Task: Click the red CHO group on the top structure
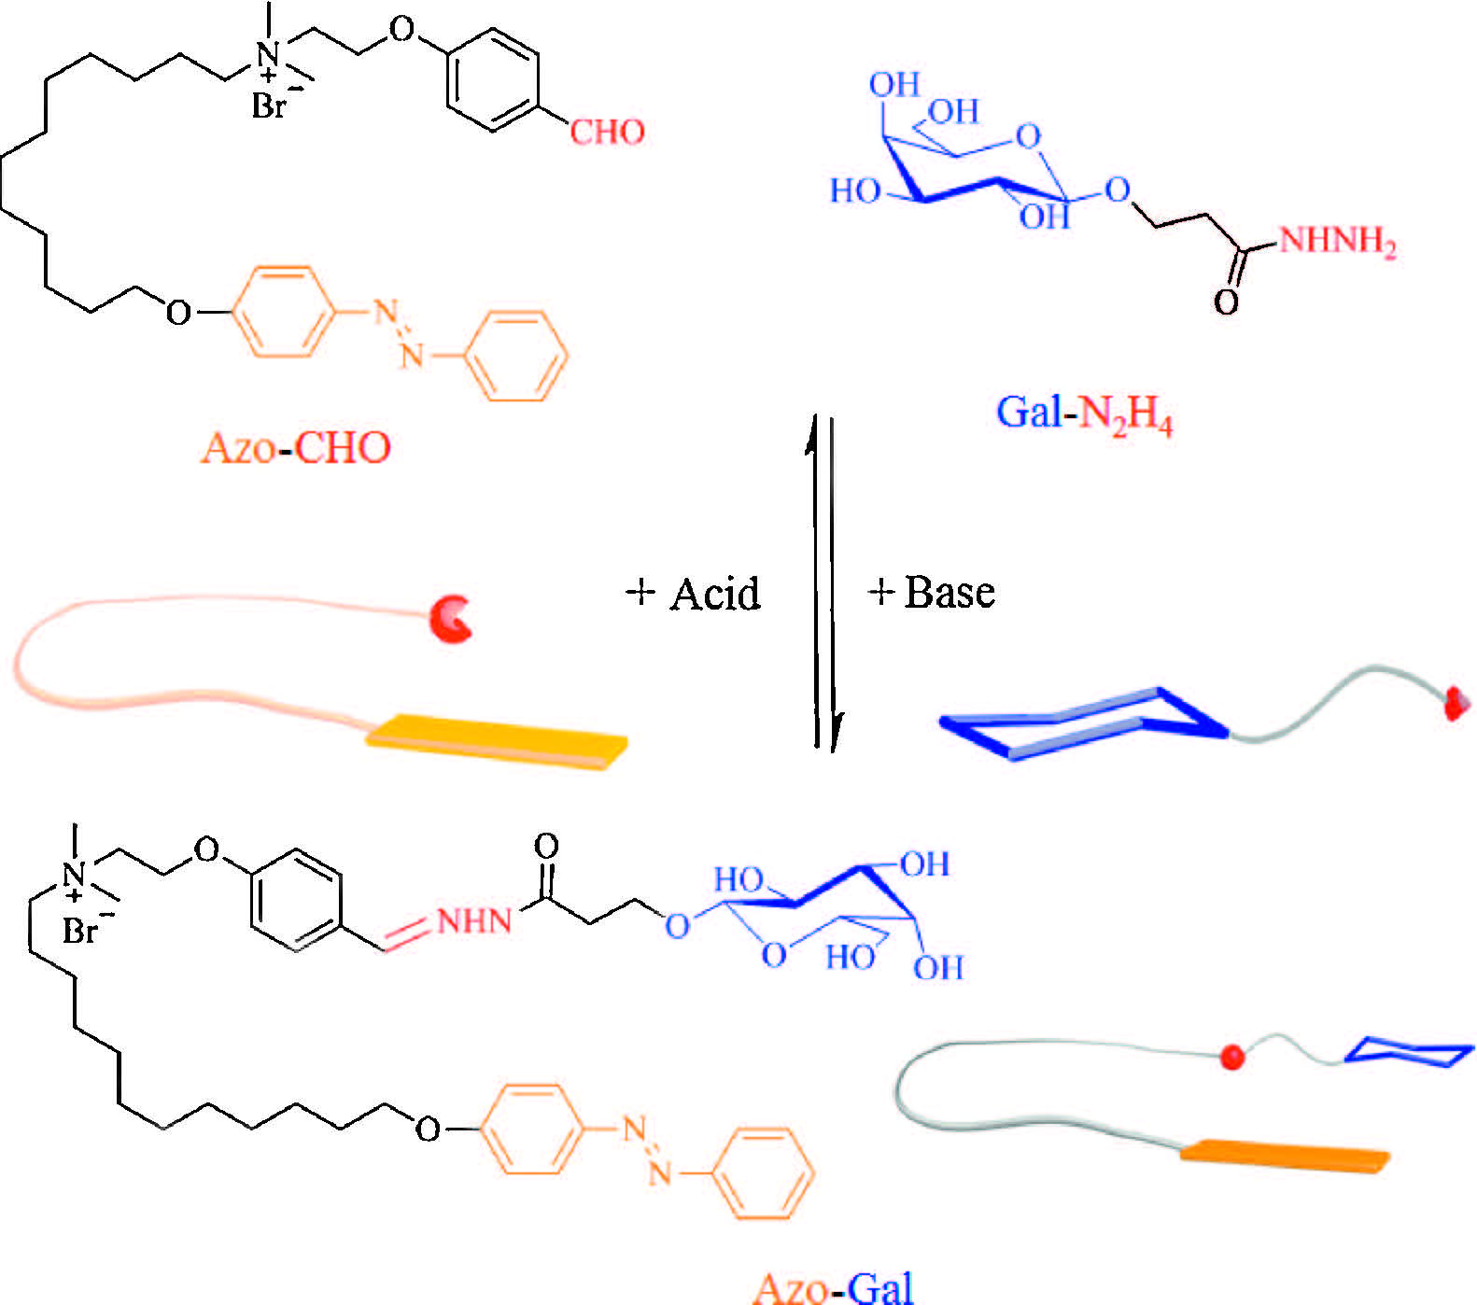(x=607, y=132)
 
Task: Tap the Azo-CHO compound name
(x=296, y=448)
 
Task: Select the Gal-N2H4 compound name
(x=1084, y=413)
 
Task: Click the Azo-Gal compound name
(x=833, y=1287)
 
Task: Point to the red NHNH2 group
(x=1337, y=242)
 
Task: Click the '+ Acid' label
(x=694, y=593)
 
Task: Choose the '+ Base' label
(x=932, y=592)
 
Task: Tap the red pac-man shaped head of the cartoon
(x=451, y=618)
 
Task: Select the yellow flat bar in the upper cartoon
(x=496, y=741)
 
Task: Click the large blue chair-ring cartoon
(x=1083, y=724)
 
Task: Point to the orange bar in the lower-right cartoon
(x=1284, y=1154)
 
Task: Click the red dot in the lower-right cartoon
(x=1232, y=1057)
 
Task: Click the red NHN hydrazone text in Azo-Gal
(x=474, y=921)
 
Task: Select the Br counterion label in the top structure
(x=268, y=106)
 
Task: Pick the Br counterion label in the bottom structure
(x=80, y=931)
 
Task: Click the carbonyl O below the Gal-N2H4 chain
(x=1226, y=301)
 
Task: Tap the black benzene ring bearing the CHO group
(x=492, y=80)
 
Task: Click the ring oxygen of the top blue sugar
(x=1028, y=136)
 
